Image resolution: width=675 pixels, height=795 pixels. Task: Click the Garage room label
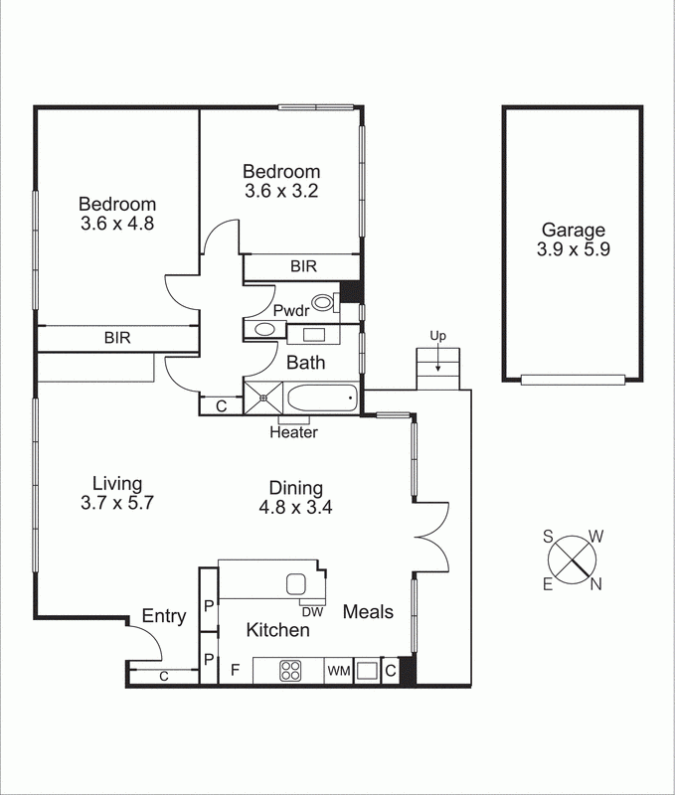(572, 230)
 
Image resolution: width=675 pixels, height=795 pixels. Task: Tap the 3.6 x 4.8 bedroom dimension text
(117, 224)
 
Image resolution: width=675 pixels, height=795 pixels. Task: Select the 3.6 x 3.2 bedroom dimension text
(281, 190)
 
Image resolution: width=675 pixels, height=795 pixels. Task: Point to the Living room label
(110, 484)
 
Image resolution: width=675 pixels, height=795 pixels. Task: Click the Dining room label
(295, 488)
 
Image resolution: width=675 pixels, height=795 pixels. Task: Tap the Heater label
(293, 432)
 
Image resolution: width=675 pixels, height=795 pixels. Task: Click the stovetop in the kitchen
(290, 671)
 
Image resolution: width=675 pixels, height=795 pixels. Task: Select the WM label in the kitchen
(338, 672)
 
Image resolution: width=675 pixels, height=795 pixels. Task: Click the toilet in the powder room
(324, 304)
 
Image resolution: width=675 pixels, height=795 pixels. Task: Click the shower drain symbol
(263, 399)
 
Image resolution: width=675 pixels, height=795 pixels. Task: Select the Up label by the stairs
(436, 336)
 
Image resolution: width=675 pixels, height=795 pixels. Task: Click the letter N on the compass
(596, 584)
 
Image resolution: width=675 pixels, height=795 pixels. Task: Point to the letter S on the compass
(548, 536)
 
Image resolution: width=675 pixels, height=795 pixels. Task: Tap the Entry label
(164, 616)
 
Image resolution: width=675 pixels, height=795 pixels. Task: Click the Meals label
(368, 612)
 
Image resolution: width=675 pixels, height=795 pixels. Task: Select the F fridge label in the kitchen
(235, 671)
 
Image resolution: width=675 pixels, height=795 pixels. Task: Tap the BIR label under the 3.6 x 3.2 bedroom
(303, 266)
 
